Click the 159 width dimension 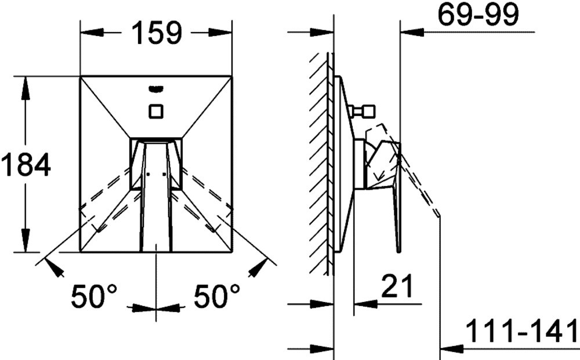pyautogui.click(x=157, y=32)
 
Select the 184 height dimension pyautogui.click(x=26, y=165)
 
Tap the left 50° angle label pyautogui.click(x=94, y=296)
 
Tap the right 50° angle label pyautogui.click(x=217, y=296)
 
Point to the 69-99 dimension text pyautogui.click(x=478, y=15)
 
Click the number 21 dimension pyautogui.click(x=397, y=286)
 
